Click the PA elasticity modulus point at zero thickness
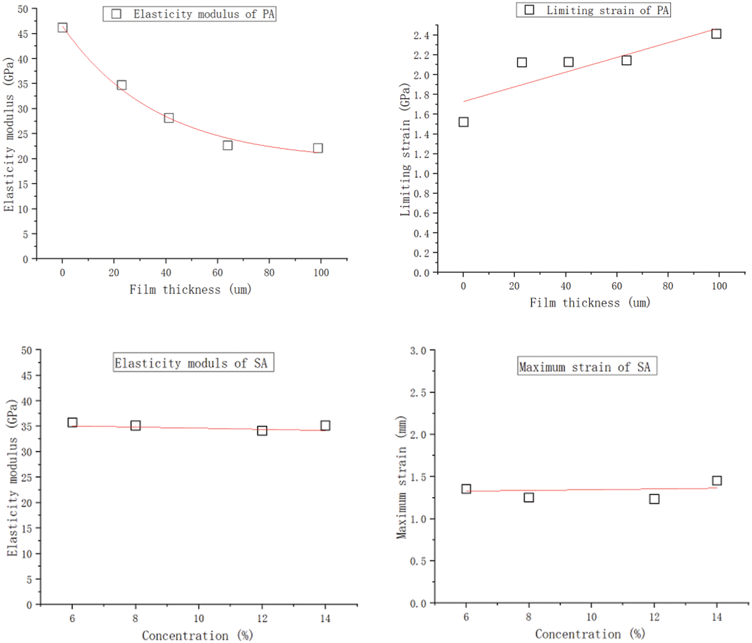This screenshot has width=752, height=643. (62, 27)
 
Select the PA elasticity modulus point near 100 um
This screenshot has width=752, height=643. (318, 148)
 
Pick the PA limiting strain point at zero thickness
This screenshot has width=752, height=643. (463, 122)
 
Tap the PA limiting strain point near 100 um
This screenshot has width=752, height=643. (716, 34)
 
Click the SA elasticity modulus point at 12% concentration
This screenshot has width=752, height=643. (262, 431)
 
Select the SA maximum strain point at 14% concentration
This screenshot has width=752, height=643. (717, 481)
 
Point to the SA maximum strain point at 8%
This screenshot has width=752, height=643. (529, 497)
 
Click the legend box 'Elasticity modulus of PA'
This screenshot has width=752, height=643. (190, 14)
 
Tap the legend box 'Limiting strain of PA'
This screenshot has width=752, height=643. (593, 10)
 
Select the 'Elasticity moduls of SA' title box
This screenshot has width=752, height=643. (194, 363)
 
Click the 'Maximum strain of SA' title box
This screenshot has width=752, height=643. (587, 366)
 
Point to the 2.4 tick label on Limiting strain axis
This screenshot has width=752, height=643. (421, 36)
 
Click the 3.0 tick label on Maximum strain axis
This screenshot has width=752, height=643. (418, 351)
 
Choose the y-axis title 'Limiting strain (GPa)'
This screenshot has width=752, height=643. (404, 150)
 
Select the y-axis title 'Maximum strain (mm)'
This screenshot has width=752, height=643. (401, 477)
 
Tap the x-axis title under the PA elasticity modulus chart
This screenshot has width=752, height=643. (190, 290)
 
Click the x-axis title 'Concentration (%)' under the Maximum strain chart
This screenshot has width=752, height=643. (590, 634)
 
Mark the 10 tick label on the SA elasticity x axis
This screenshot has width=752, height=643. (199, 618)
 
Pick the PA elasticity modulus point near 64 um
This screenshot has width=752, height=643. (228, 145)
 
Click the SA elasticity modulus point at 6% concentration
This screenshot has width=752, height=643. (72, 422)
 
